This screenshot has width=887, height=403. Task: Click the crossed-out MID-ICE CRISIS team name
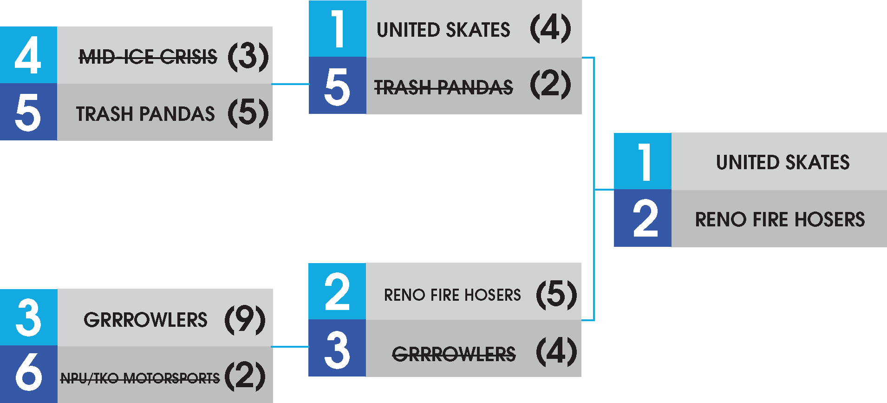pyautogui.click(x=148, y=57)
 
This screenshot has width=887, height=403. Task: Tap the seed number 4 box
pyautogui.click(x=28, y=55)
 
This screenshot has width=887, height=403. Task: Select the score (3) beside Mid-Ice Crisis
pyautogui.click(x=248, y=57)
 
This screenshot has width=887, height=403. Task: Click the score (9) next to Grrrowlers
pyautogui.click(x=245, y=319)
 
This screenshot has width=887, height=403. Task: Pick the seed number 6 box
pyautogui.click(x=28, y=374)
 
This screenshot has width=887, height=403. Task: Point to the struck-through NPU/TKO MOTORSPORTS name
pyautogui.click(x=140, y=378)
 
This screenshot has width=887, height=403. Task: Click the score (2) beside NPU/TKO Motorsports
pyautogui.click(x=245, y=376)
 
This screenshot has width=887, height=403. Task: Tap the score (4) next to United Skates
pyautogui.click(x=550, y=28)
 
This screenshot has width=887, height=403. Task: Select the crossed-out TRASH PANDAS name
pyautogui.click(x=443, y=87)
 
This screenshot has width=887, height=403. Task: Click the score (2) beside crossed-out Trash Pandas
pyautogui.click(x=550, y=85)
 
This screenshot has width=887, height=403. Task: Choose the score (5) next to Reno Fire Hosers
pyautogui.click(x=556, y=294)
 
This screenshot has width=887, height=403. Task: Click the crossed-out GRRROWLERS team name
pyautogui.click(x=454, y=354)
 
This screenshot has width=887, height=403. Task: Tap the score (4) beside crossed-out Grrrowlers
pyautogui.click(x=556, y=352)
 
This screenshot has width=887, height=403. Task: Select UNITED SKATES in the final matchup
pyautogui.click(x=783, y=162)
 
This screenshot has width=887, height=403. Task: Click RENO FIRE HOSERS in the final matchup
pyautogui.click(x=780, y=219)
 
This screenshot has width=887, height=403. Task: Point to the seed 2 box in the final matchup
pyautogui.click(x=643, y=218)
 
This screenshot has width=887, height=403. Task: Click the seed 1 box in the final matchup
pyautogui.click(x=643, y=161)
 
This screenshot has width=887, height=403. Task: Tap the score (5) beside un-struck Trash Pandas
pyautogui.click(x=248, y=113)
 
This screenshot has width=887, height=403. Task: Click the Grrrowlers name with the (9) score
pyautogui.click(x=145, y=320)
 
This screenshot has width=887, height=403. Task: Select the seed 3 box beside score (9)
pyautogui.click(x=28, y=317)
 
